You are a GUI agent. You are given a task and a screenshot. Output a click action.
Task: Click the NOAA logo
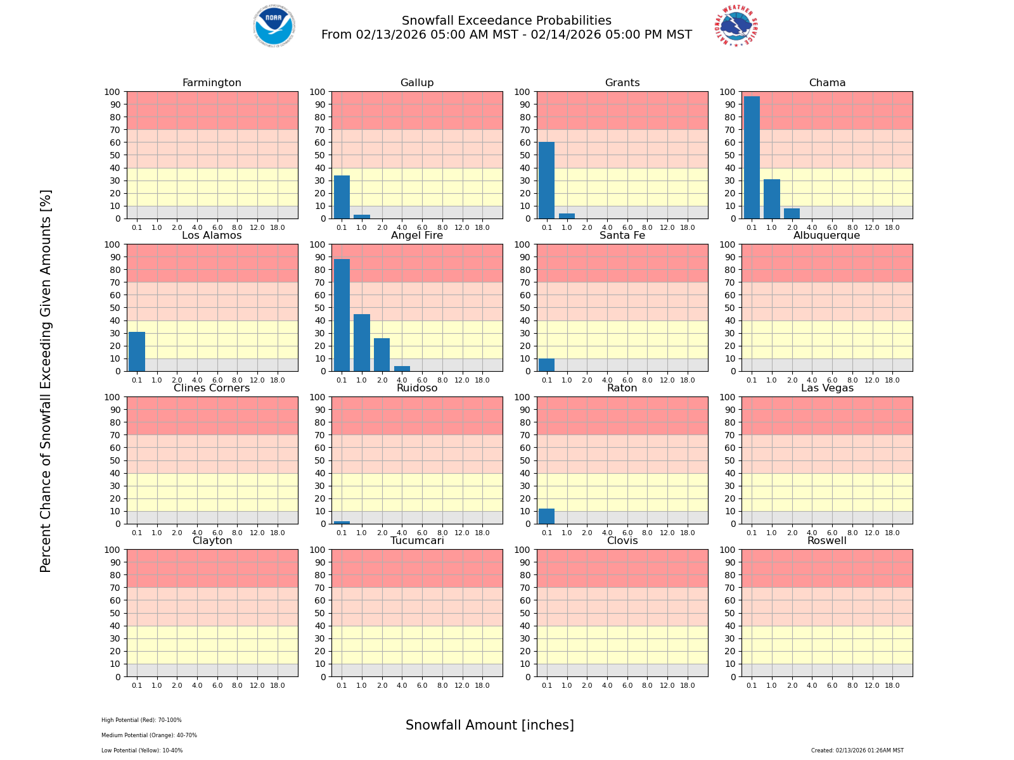coord(274,26)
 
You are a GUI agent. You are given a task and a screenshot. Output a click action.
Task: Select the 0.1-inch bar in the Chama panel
coord(752,158)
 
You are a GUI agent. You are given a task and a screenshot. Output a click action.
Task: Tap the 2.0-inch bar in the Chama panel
coord(792,213)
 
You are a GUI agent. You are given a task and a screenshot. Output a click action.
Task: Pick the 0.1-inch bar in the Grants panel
coord(546,180)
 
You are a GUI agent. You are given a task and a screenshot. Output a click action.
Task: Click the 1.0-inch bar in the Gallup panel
coord(362,217)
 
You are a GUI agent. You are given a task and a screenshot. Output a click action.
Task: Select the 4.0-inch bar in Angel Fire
coord(402,369)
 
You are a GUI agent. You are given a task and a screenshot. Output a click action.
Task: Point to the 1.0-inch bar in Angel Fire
coord(362,343)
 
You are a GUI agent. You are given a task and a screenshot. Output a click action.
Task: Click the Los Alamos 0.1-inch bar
coord(137,351)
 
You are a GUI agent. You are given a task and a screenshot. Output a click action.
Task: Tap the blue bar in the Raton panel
coord(546,516)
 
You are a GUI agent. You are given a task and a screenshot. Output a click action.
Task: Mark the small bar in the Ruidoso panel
coord(342,522)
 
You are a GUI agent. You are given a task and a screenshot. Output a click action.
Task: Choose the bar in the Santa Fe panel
coord(546,365)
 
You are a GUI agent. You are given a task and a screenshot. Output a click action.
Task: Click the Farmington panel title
coord(212,83)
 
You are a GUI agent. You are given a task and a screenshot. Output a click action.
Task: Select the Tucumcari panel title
coord(417,541)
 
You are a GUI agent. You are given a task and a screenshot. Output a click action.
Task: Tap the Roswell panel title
coord(827,541)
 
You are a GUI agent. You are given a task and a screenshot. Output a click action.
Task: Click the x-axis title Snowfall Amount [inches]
coord(489,725)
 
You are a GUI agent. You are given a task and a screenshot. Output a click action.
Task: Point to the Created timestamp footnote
coord(857,750)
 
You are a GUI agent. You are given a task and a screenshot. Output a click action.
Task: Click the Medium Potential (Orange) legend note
coord(149,735)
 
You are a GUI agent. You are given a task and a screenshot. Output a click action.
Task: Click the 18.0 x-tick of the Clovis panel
coord(688,685)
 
